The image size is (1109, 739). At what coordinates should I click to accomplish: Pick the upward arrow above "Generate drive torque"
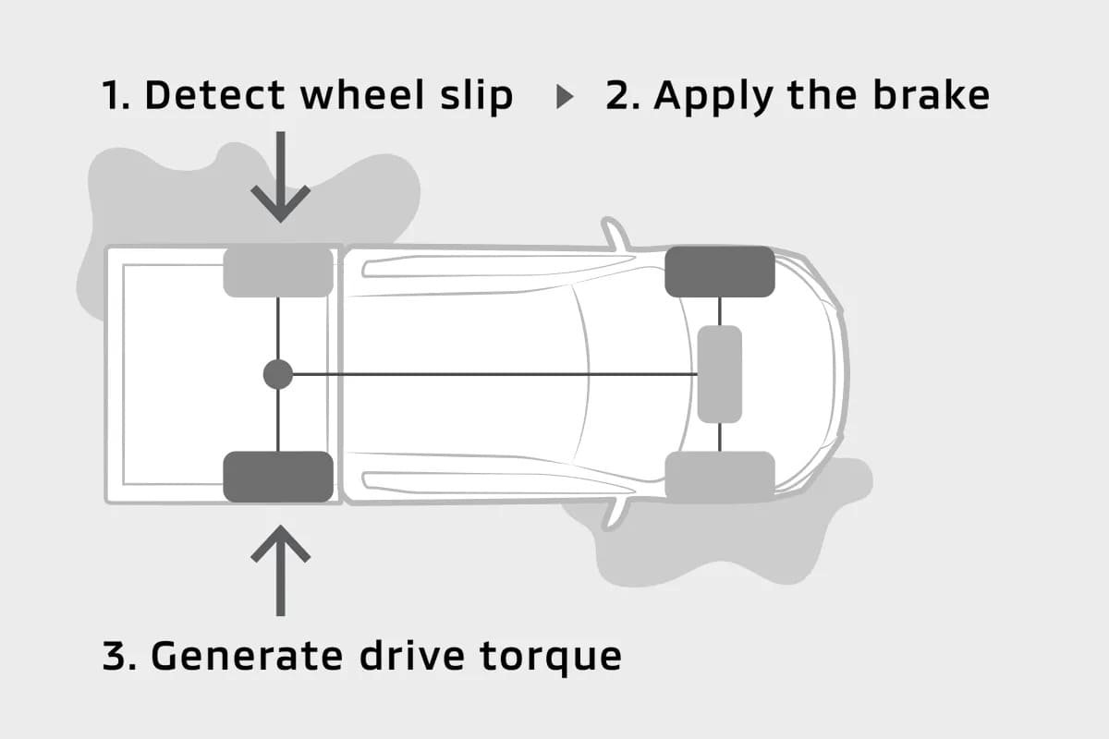pyautogui.click(x=280, y=569)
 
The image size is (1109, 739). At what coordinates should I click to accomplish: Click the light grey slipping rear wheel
pyautogui.click(x=278, y=272)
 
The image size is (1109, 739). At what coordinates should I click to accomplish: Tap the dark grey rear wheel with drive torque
pyautogui.click(x=278, y=477)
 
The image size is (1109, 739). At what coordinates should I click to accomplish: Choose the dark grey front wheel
pyautogui.click(x=719, y=272)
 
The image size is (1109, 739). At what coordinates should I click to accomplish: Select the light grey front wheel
pyautogui.click(x=719, y=477)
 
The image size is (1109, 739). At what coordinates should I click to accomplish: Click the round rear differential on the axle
pyautogui.click(x=278, y=374)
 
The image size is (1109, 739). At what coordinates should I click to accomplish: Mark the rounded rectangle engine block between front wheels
pyautogui.click(x=719, y=374)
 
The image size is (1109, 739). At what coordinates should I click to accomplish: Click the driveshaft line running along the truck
pyautogui.click(x=490, y=374)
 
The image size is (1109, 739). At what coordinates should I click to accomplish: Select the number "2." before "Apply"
pyautogui.click(x=621, y=95)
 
